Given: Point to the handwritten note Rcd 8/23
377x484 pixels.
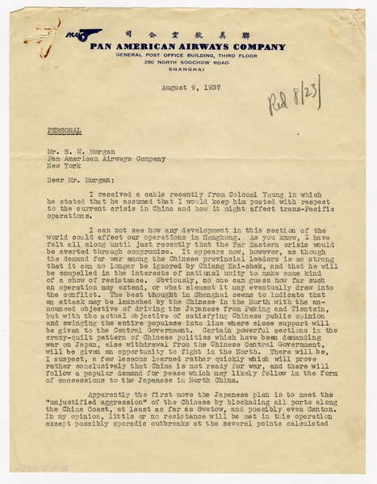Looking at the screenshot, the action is [x=295, y=97].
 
